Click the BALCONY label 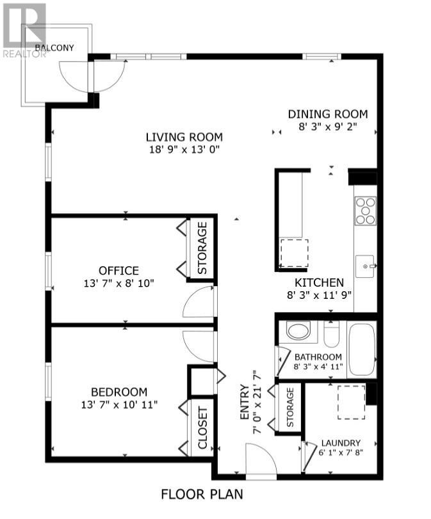54,47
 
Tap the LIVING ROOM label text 184,137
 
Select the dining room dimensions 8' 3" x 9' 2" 327,127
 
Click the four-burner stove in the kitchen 366,211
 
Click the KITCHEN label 319,282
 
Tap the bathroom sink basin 297,331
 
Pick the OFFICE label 118,271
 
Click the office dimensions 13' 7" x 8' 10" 118,283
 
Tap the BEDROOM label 118,392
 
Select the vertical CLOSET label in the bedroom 202,429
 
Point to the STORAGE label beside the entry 289,407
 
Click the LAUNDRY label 341,443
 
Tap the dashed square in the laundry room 351,401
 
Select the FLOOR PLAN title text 202,494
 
